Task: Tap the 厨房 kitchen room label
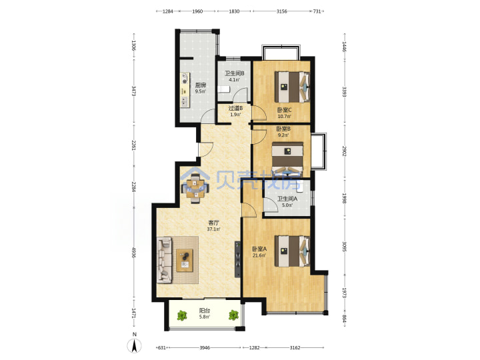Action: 201,85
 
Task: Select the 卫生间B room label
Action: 234,73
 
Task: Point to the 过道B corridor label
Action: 235,108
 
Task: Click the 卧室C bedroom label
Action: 285,110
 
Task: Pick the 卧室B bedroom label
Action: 283,129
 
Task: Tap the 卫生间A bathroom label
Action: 287,199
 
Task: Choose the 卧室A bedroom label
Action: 259,249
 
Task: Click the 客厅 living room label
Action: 213,223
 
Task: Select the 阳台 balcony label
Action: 204,311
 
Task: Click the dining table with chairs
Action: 195,189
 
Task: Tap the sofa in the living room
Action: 165,260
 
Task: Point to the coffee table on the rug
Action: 185,260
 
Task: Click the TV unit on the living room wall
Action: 237,259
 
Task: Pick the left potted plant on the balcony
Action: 182,315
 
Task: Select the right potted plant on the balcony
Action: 233,315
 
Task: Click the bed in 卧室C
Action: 292,87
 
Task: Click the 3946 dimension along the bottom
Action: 205,347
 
